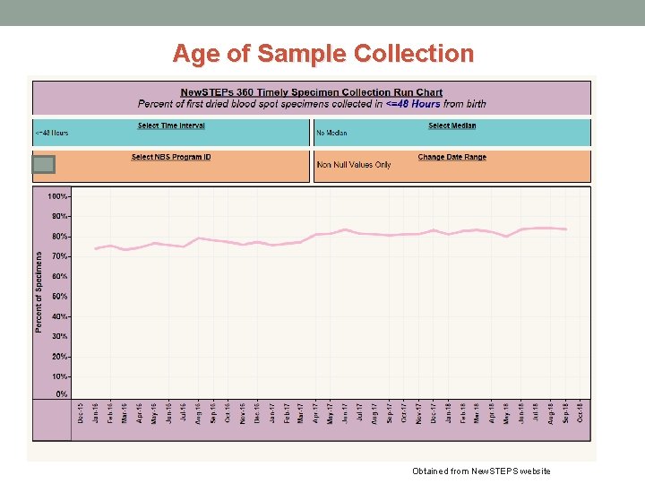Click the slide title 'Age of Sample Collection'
pos(322,54)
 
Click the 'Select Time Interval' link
pos(171,125)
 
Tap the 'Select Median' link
pos(452,125)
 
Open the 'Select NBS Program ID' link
pos(171,157)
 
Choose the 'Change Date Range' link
pos(452,157)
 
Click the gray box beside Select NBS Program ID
pos(44,164)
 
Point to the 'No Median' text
pos(331,134)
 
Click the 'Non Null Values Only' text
pos(354,165)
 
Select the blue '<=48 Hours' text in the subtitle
pos(413,103)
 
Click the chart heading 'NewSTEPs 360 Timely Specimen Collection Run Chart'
pos(312,92)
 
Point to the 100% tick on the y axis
pos(57,196)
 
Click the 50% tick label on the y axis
pos(59,296)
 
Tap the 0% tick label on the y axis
pos(62,394)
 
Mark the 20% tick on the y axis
pos(59,357)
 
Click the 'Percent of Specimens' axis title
pos(39,292)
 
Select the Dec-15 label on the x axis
pos(81,412)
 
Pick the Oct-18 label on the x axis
pos(580,412)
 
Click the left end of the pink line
pos(96,248)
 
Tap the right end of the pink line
pos(565,229)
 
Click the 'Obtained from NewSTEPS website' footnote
pos(481,471)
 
